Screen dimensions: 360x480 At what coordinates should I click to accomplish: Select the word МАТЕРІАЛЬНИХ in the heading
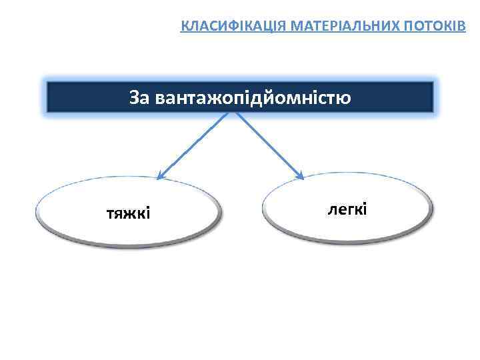313,27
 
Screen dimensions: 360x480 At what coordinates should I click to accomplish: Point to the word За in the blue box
140,98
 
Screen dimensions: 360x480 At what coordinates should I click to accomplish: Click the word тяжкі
129,213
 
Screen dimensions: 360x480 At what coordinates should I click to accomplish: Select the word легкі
347,209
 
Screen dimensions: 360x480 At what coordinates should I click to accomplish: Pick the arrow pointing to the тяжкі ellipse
193,145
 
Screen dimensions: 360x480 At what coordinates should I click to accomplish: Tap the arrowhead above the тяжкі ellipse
160,176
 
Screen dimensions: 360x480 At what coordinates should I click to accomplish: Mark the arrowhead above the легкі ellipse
300,176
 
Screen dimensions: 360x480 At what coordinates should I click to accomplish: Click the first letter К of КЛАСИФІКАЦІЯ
185,27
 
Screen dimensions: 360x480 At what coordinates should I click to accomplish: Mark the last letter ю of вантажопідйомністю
345,99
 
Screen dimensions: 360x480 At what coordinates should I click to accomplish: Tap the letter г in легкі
348,209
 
